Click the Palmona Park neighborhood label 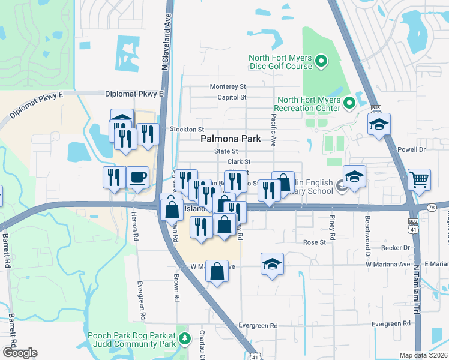[231, 139]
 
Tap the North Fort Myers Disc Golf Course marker [321, 61]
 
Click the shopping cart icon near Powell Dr [419, 178]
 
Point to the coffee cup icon [138, 177]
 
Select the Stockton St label [187, 129]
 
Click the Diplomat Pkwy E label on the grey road [134, 94]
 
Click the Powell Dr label [411, 149]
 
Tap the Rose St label [314, 242]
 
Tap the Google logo [20, 353]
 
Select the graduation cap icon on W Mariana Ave [272, 263]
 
